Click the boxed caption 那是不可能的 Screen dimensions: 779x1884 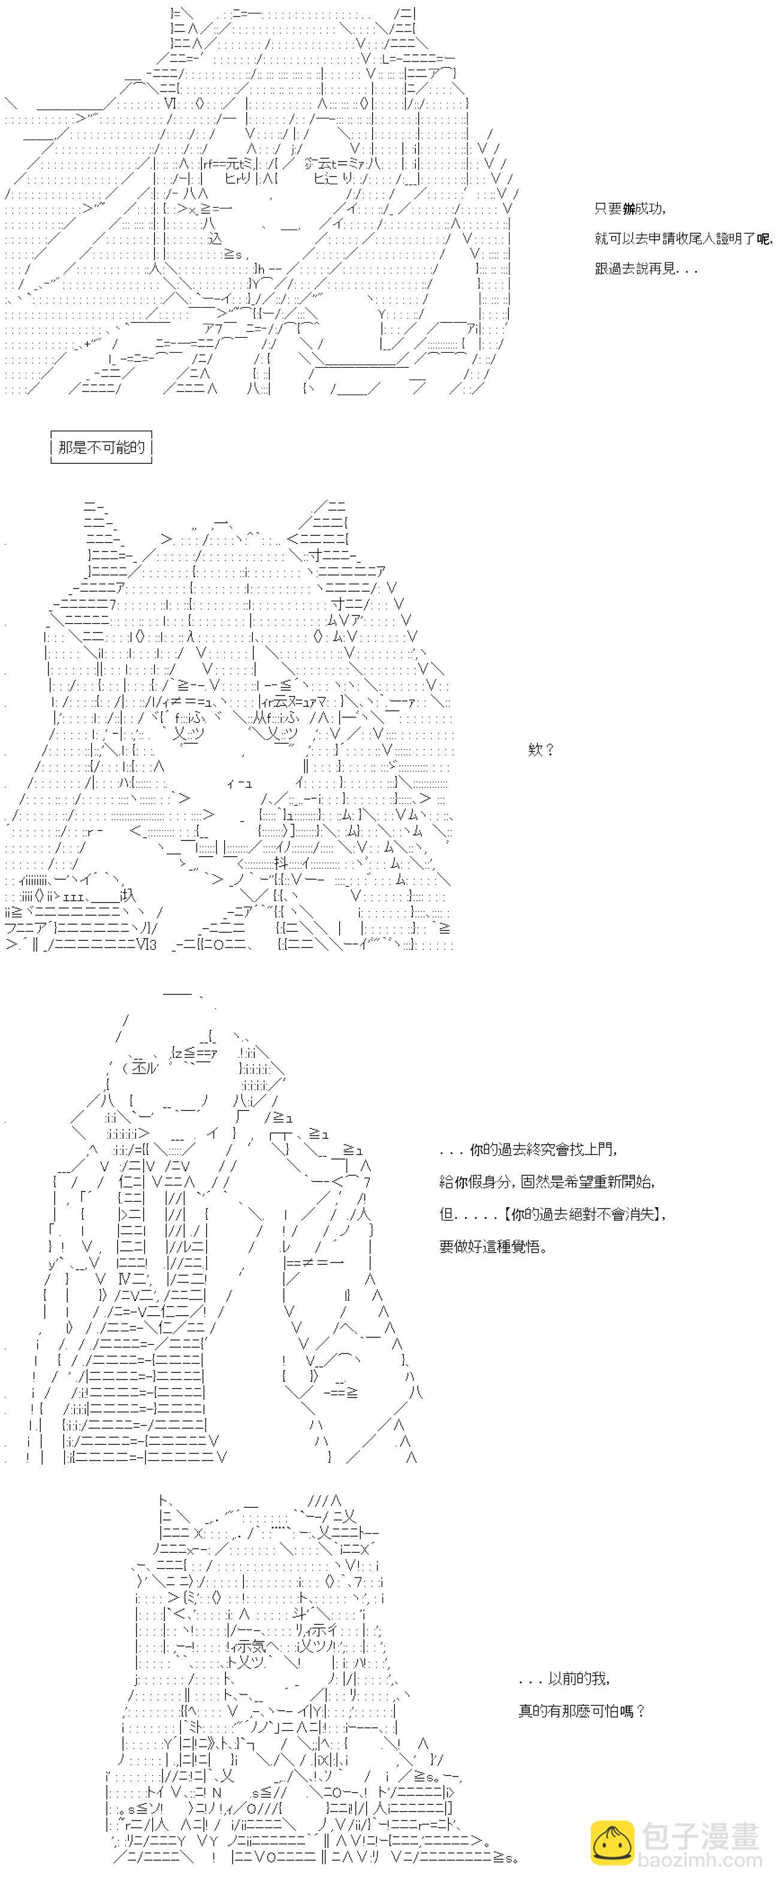tap(102, 447)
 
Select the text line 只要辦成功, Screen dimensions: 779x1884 tap(630, 209)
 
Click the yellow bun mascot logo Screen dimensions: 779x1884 tap(612, 1843)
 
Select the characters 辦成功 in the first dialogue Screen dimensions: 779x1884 tap(642, 209)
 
